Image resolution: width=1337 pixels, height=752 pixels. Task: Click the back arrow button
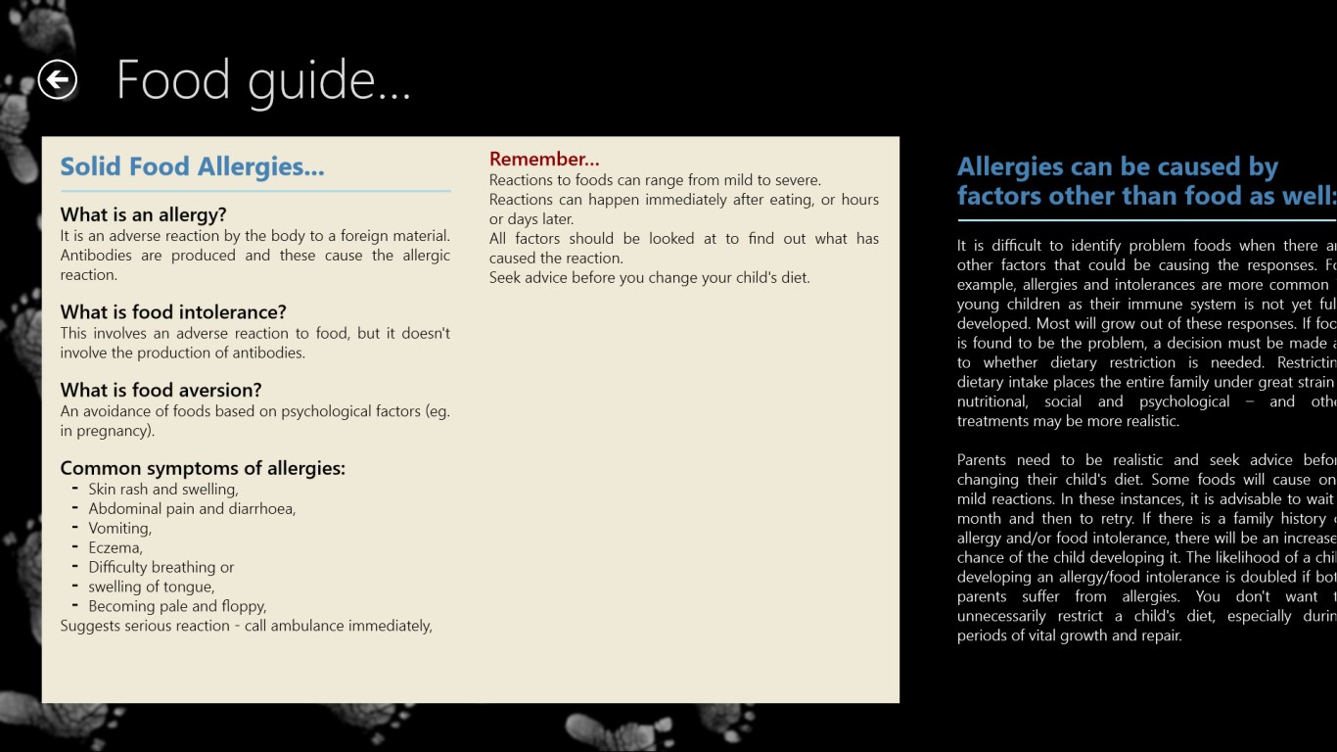[58, 79]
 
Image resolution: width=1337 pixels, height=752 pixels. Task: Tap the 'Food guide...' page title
[263, 80]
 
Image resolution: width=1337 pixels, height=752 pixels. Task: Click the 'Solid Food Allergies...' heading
[192, 166]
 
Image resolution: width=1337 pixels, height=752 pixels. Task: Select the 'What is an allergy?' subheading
[143, 214]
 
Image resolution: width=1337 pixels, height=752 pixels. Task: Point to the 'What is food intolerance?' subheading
[173, 312]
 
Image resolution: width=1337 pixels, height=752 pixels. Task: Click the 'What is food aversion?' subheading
[161, 390]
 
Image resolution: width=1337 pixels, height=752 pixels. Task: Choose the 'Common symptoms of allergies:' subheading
[203, 468]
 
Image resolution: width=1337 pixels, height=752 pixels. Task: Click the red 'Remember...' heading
[544, 159]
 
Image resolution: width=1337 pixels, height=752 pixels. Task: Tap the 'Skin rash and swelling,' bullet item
[162, 489]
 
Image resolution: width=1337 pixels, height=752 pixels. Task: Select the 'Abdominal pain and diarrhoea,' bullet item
[192, 508]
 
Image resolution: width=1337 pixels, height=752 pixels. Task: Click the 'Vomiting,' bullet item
[119, 528]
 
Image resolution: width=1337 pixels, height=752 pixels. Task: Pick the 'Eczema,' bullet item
[115, 547]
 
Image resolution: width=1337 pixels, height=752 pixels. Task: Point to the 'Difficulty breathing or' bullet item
[161, 567]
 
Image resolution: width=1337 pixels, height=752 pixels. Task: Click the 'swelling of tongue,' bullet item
[151, 587]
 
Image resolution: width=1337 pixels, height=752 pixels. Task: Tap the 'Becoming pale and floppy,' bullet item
[177, 606]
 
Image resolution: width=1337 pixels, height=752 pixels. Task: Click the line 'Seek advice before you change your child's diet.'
[649, 277]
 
